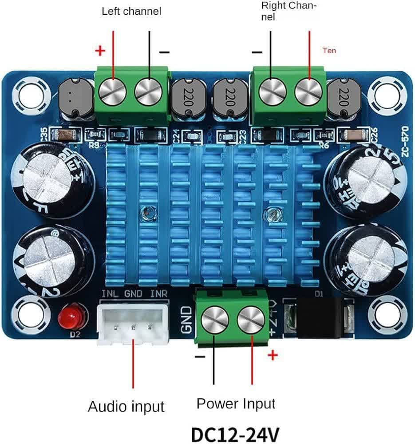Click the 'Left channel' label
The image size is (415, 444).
point(131,11)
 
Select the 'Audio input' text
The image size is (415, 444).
point(126,406)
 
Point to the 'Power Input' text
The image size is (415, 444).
point(236,404)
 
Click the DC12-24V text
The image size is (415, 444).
point(235,434)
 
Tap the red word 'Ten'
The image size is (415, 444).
point(329,51)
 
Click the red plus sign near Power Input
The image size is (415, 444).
point(273,355)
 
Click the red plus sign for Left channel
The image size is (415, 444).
point(100,52)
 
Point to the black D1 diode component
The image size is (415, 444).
point(320,317)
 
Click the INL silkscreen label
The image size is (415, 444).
point(110,294)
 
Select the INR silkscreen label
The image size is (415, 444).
point(158,294)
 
